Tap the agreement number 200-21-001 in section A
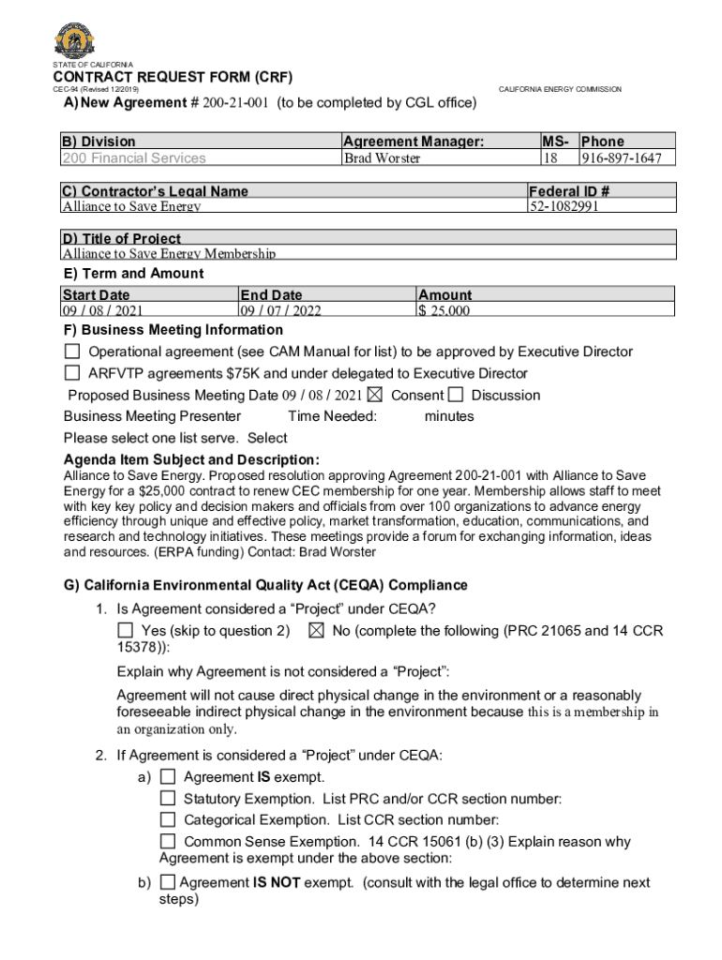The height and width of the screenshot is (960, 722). (232, 102)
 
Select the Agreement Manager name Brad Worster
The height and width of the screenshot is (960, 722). (382, 157)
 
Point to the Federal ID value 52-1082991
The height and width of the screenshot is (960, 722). (564, 206)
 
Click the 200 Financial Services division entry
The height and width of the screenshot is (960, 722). (134, 157)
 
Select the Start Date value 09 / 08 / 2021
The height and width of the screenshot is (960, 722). (103, 311)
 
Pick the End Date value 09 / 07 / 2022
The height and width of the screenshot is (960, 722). (280, 311)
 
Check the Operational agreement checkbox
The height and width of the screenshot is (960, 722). (72, 352)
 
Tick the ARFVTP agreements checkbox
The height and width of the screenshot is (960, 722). (72, 373)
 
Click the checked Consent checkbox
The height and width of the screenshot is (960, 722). (375, 395)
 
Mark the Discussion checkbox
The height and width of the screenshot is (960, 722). (456, 395)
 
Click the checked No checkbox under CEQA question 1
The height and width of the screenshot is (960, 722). (315, 631)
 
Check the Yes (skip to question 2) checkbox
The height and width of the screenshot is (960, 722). (125, 631)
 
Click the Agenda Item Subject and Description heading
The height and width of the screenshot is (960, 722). (191, 459)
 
